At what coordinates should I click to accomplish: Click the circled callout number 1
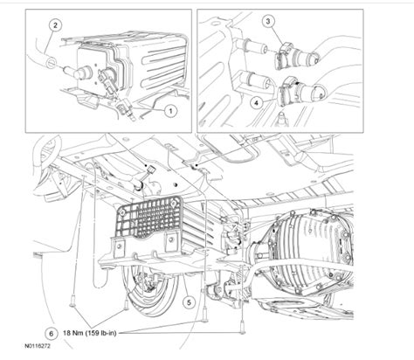(x=171, y=111)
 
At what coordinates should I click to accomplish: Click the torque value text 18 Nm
(x=81, y=333)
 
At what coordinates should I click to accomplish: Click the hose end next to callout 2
(x=56, y=62)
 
